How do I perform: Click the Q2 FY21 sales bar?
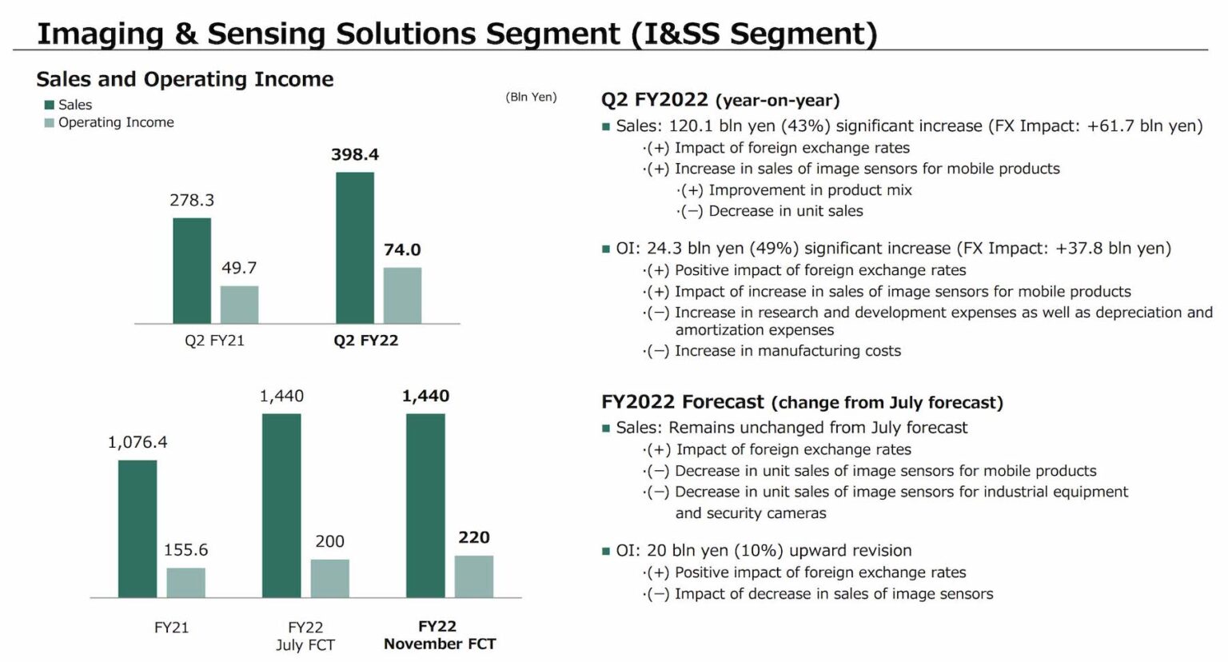click(192, 270)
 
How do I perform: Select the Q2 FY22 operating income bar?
click(402, 295)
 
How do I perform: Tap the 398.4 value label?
click(355, 154)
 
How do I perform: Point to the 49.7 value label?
click(239, 268)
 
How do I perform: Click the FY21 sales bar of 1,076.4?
click(138, 528)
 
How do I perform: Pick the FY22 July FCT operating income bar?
click(329, 578)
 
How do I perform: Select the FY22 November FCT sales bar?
click(425, 505)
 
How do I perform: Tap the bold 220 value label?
click(474, 537)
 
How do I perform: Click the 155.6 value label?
click(185, 550)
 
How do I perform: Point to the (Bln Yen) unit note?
click(531, 97)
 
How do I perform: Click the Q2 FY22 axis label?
click(365, 341)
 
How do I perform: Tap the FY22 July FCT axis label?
click(305, 636)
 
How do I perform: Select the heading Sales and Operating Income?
click(185, 79)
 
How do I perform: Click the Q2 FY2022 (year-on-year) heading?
click(720, 100)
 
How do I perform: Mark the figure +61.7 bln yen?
click(1144, 126)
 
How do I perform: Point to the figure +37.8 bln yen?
click(1112, 248)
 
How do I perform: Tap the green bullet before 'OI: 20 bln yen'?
click(606, 552)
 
